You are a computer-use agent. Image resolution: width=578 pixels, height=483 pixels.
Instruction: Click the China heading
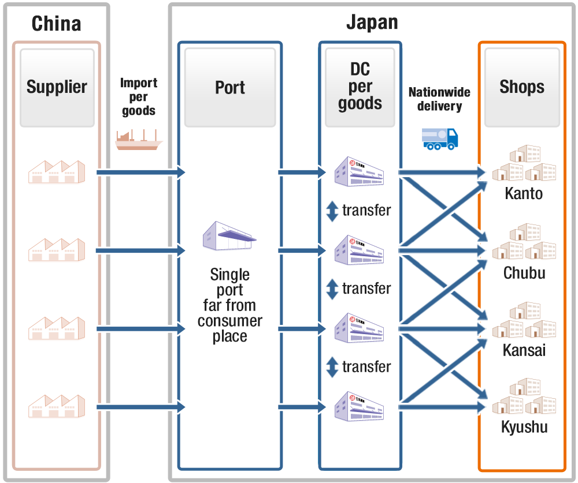(x=56, y=24)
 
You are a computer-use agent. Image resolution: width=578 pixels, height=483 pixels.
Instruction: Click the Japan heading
(x=372, y=23)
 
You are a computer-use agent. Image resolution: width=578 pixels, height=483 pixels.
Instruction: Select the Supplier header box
(x=57, y=87)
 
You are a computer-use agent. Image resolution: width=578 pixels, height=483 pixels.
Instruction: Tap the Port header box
(x=230, y=87)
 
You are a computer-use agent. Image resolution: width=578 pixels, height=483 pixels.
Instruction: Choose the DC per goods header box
(x=360, y=87)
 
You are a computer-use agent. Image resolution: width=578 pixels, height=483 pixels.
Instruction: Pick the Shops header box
(x=522, y=87)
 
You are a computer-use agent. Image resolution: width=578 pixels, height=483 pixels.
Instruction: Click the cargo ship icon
(x=139, y=140)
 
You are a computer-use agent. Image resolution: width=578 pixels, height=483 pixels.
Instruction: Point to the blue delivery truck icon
(x=440, y=139)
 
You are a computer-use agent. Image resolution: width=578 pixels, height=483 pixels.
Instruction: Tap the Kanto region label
(x=524, y=193)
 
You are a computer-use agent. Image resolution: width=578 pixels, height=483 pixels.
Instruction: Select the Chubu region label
(x=524, y=272)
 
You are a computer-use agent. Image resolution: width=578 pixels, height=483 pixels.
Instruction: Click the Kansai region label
(x=524, y=350)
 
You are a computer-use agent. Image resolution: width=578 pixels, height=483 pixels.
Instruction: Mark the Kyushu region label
(x=524, y=428)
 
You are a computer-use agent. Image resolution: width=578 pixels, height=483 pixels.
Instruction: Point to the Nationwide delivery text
(x=439, y=99)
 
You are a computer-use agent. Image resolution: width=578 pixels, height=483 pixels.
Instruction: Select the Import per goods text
(x=139, y=96)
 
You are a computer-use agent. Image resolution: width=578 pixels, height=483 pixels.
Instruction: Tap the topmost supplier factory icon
(x=57, y=172)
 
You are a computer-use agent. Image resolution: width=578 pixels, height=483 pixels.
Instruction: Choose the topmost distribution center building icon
(x=360, y=171)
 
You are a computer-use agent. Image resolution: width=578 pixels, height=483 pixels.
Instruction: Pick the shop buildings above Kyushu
(x=524, y=398)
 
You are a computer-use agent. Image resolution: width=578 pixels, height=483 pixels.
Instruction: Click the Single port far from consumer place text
(x=229, y=305)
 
